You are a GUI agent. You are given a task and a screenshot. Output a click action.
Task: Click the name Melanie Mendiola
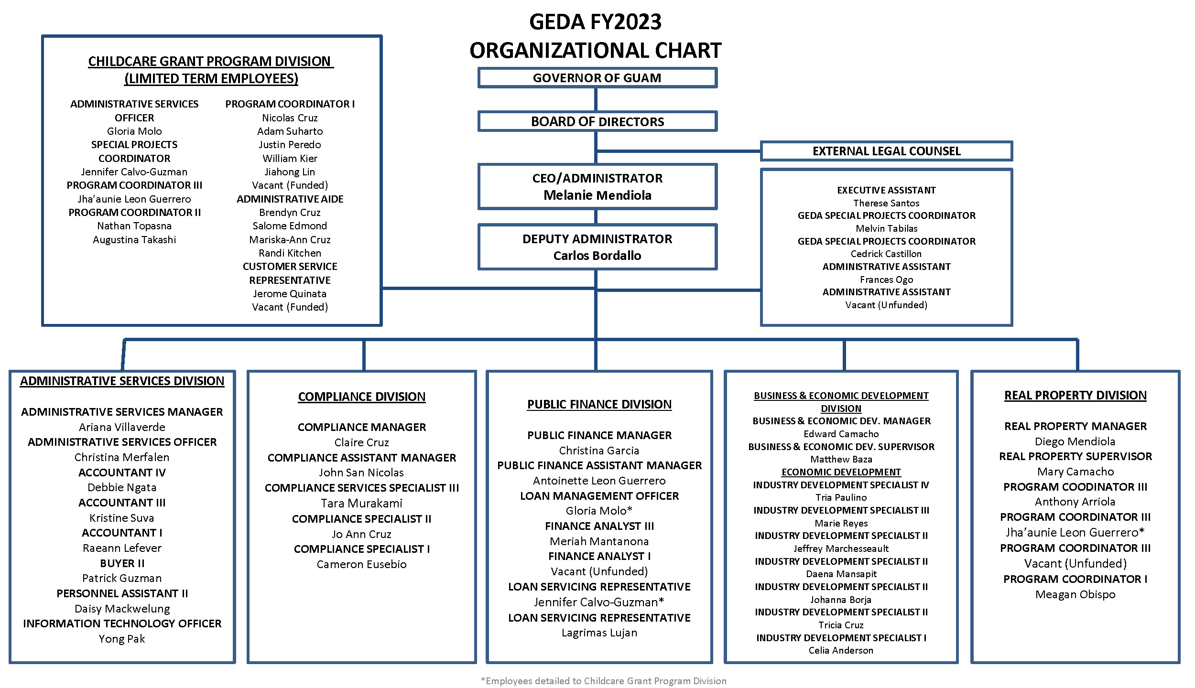pyautogui.click(x=597, y=195)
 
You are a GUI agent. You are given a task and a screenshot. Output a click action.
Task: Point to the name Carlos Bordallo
pyautogui.click(x=597, y=256)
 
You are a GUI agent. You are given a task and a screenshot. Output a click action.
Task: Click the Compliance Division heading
pyautogui.click(x=361, y=397)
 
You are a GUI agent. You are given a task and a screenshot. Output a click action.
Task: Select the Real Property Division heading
pyautogui.click(x=1075, y=395)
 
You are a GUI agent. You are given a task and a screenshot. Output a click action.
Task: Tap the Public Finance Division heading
pyautogui.click(x=599, y=404)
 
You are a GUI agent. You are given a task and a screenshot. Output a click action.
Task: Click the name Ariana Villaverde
pyautogui.click(x=122, y=427)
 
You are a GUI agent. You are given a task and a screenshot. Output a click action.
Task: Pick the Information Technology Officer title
pyautogui.click(x=122, y=623)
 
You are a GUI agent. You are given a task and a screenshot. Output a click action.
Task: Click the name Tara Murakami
pyautogui.click(x=361, y=503)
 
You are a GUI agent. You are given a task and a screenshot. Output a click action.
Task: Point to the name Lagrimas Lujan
pyautogui.click(x=599, y=633)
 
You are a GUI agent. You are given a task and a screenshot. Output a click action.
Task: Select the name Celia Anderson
pyautogui.click(x=841, y=650)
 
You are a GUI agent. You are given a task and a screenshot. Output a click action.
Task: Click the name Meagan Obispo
pyautogui.click(x=1075, y=594)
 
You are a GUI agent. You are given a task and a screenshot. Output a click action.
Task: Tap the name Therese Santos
pyautogui.click(x=886, y=203)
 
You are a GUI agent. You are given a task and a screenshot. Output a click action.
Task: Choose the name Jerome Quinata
pyautogui.click(x=290, y=293)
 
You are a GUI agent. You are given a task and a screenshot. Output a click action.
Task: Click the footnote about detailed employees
pyautogui.click(x=603, y=681)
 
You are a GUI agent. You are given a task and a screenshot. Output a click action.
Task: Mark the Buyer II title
pyautogui.click(x=122, y=563)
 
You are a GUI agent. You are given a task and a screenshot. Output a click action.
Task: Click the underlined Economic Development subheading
pyautogui.click(x=841, y=472)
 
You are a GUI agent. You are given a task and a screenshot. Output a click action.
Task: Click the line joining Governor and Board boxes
pyautogui.click(x=596, y=100)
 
